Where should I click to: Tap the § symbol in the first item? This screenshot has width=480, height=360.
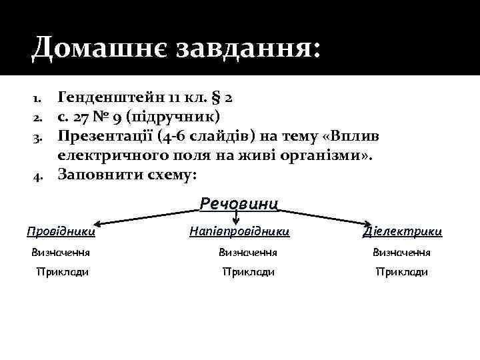point(216,98)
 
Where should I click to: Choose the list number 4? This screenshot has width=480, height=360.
point(38,176)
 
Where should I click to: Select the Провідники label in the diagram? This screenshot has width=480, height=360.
point(61,231)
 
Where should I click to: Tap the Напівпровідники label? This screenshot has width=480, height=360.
point(239,231)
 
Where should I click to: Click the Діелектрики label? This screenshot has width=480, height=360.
point(402,231)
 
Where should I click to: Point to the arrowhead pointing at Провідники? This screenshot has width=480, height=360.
point(97,225)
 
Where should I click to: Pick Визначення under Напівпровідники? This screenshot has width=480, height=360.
point(248,253)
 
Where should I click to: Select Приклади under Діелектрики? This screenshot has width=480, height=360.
point(402,272)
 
